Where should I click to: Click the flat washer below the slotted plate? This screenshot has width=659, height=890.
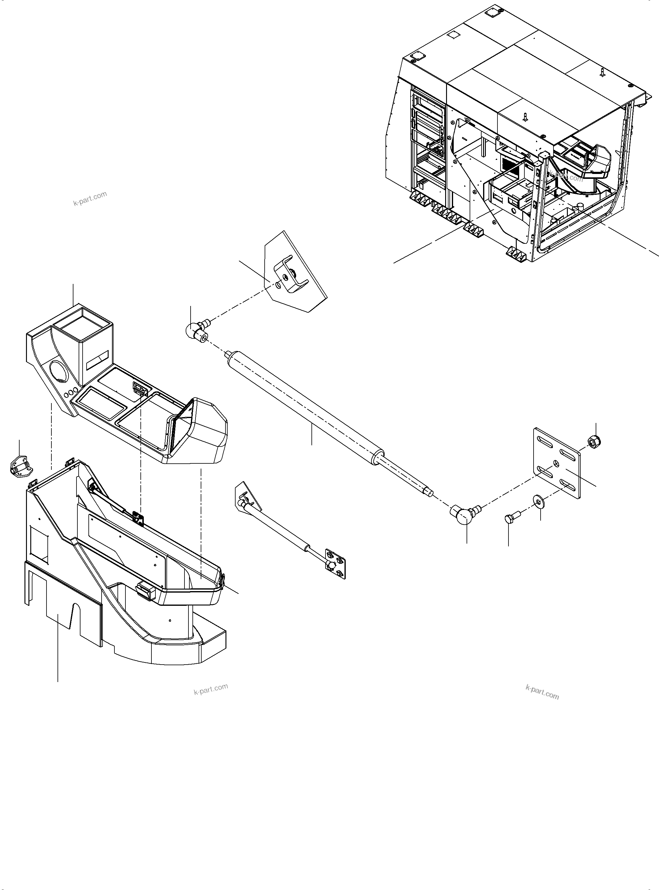point(538,501)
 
